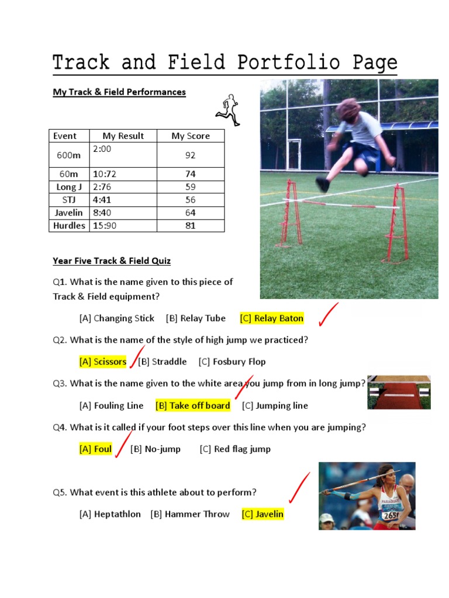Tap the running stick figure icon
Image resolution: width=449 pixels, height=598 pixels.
[x=228, y=109]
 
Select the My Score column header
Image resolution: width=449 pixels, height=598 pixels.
[x=190, y=136]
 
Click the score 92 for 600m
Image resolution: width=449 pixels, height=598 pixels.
[x=190, y=155]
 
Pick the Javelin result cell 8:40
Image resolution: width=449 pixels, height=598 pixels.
[x=102, y=213]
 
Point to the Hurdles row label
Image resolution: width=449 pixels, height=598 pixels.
[x=69, y=225]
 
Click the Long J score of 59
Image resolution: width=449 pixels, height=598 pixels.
[x=190, y=187]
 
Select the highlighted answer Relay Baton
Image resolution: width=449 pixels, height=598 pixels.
[x=272, y=318]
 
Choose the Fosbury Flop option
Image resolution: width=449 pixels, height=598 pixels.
[x=232, y=361]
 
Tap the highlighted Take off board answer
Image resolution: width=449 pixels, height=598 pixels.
[x=193, y=405]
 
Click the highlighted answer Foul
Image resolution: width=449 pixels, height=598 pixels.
[x=95, y=449]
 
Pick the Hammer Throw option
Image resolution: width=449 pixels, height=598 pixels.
[x=190, y=514]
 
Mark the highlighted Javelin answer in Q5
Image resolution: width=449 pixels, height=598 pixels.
[x=263, y=514]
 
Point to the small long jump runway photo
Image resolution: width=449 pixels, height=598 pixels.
[x=399, y=392]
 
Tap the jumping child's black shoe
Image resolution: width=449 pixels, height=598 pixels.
[x=322, y=185]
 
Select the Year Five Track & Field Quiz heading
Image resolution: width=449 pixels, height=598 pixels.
[x=112, y=260]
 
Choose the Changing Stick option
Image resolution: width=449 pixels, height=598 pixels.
[x=117, y=318]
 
